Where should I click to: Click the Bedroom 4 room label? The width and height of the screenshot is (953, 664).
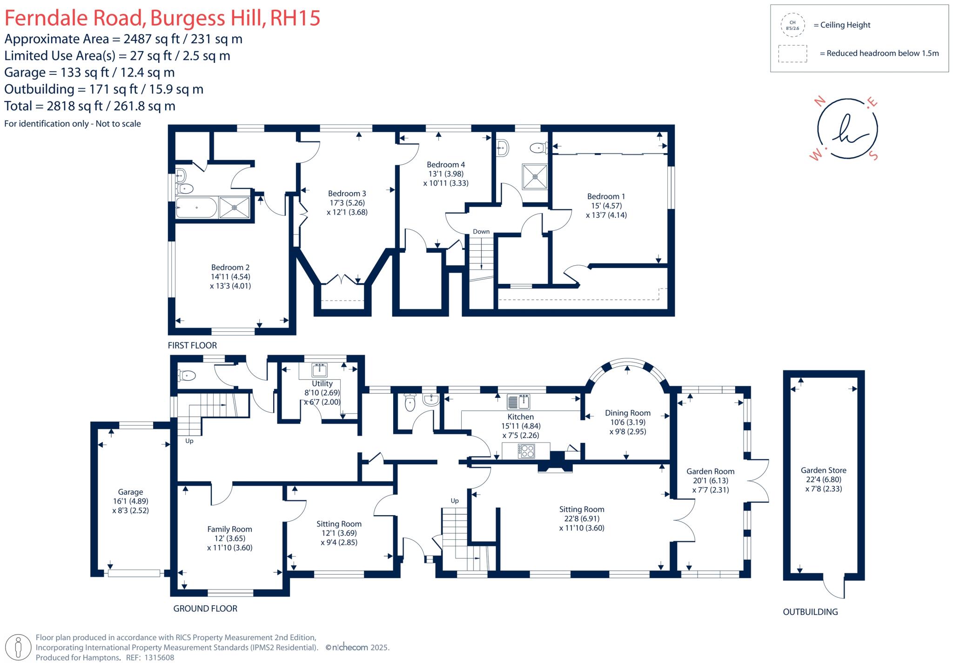pyautogui.click(x=446, y=165)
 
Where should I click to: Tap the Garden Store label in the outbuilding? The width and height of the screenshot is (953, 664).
pyautogui.click(x=823, y=470)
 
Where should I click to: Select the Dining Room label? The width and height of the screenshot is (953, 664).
pyautogui.click(x=628, y=413)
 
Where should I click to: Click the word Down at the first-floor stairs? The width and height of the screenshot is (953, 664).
pyautogui.click(x=481, y=231)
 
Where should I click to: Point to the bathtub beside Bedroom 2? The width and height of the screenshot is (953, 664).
pyautogui.click(x=196, y=208)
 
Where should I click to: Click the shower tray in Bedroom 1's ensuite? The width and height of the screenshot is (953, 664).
pyautogui.click(x=535, y=176)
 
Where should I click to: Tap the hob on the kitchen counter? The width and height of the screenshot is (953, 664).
pyautogui.click(x=527, y=450)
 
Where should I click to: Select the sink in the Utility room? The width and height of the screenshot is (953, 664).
pyautogui.click(x=320, y=370)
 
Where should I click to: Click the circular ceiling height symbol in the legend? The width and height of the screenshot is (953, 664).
pyautogui.click(x=792, y=25)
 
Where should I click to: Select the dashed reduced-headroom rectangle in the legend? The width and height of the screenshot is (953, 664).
pyautogui.click(x=792, y=54)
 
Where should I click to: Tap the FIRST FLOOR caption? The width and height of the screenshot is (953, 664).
pyautogui.click(x=192, y=345)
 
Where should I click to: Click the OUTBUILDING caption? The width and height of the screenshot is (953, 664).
pyautogui.click(x=810, y=612)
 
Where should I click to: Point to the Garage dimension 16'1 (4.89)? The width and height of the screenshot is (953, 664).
pyautogui.click(x=130, y=501)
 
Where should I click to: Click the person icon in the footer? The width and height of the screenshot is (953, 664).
pyautogui.click(x=19, y=647)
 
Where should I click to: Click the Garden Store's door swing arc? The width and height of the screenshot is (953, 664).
pyautogui.click(x=835, y=590)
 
